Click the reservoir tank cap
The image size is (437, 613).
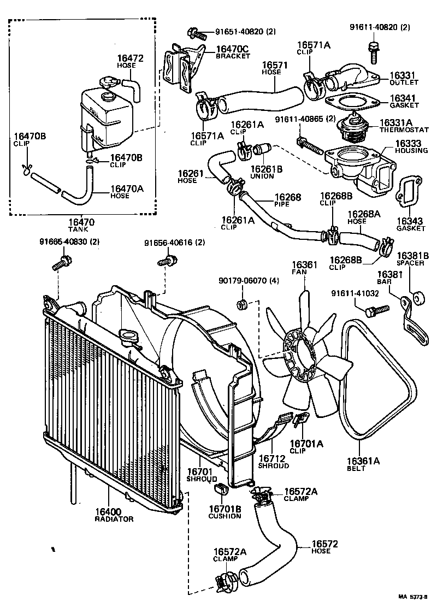pos(107,84)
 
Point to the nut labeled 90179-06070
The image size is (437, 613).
pos(241,303)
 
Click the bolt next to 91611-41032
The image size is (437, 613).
pos(376,310)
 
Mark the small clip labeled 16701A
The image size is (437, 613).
pos(299,421)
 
